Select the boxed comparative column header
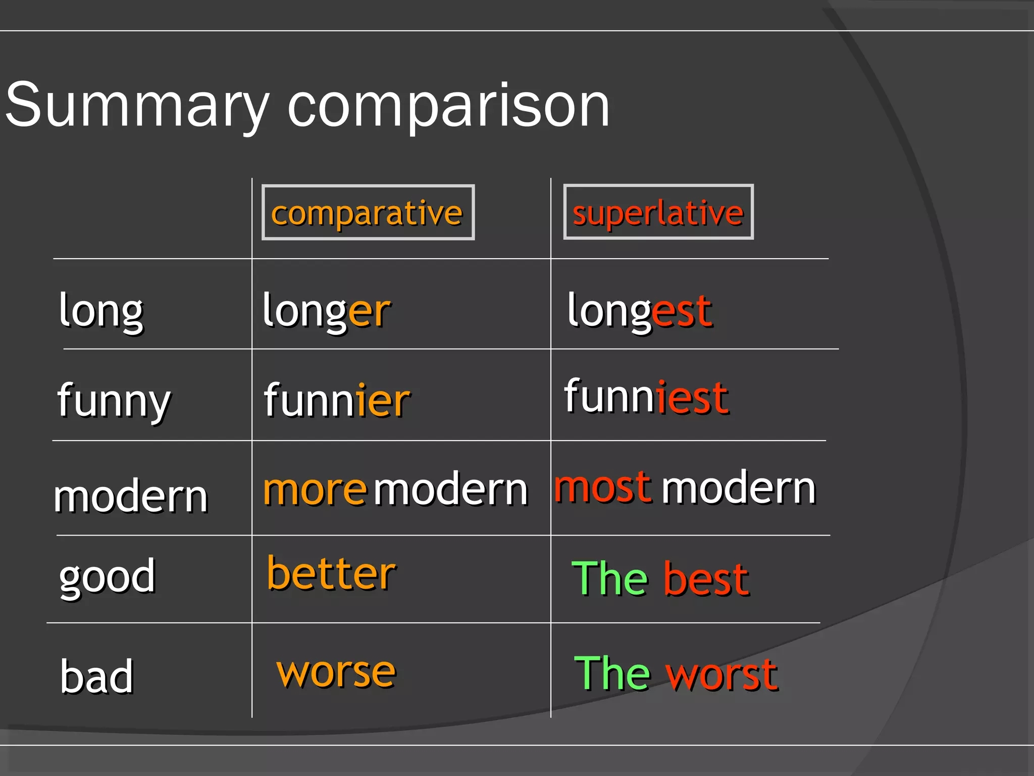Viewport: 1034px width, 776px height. (368, 213)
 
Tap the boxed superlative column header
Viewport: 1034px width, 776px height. (658, 213)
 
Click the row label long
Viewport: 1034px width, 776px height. (101, 311)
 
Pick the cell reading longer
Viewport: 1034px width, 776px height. (326, 311)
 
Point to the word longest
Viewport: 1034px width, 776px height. (639, 311)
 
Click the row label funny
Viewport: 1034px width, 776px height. (114, 401)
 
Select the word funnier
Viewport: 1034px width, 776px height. (337, 401)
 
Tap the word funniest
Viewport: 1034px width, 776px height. (646, 397)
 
